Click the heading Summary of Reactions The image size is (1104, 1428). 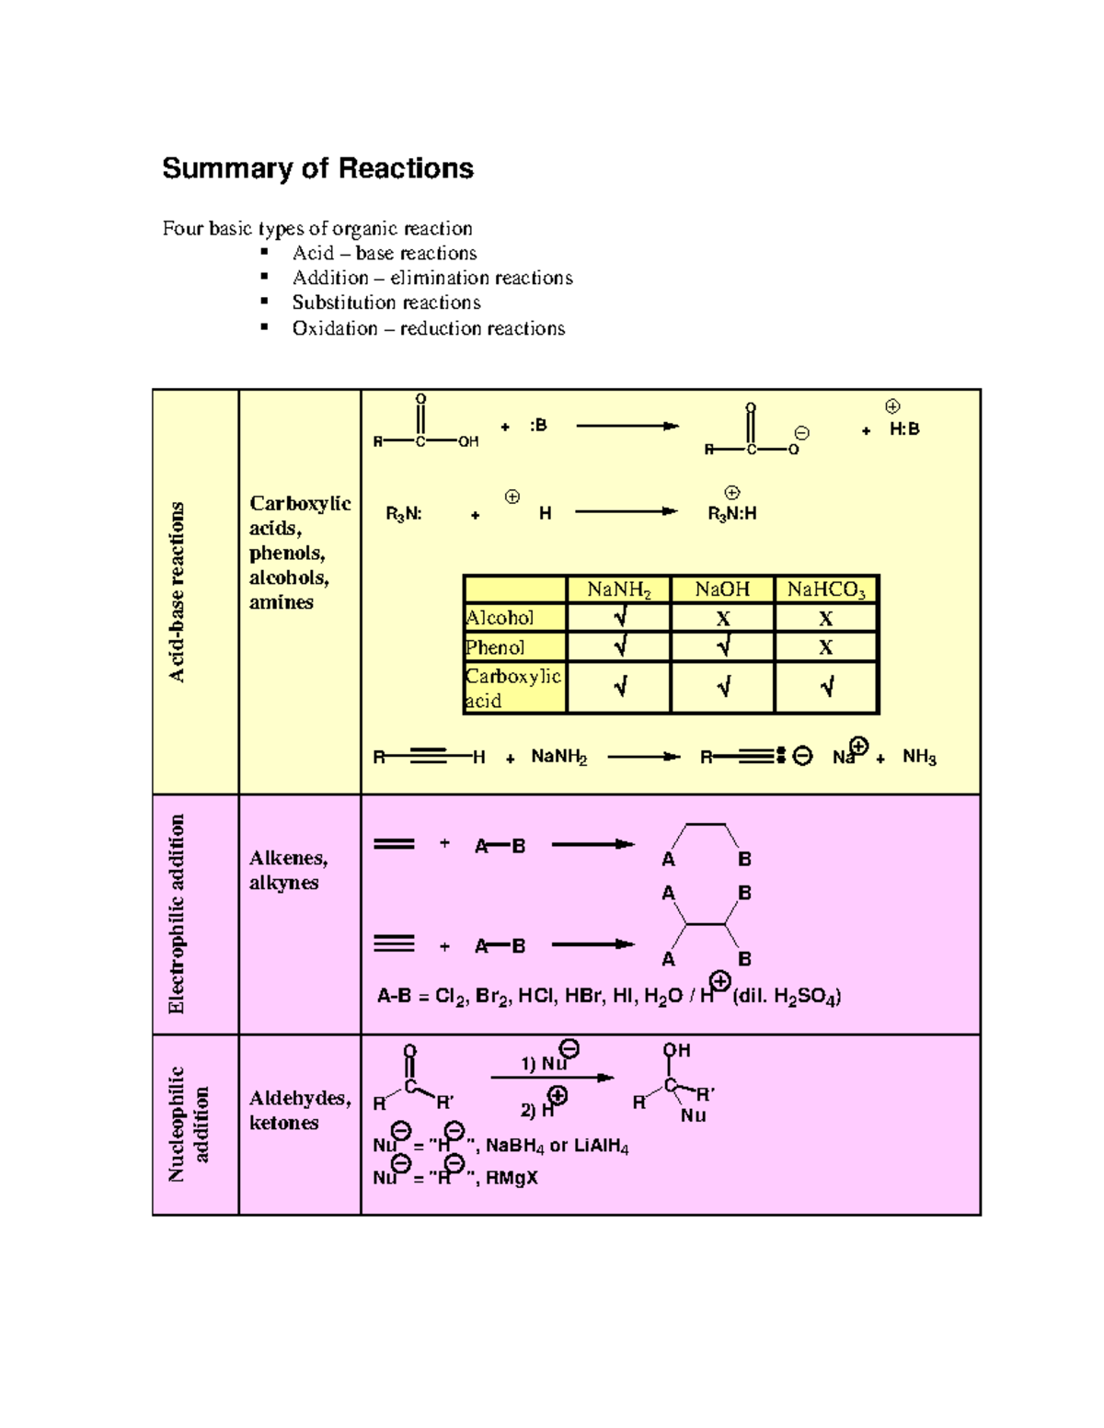[317, 168]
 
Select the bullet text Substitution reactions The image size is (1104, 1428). [386, 303]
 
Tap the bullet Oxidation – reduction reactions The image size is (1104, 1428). [428, 328]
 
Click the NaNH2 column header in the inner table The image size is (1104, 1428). [618, 589]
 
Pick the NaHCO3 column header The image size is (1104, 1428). [825, 589]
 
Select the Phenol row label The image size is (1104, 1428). [495, 647]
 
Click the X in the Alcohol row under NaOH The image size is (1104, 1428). [723, 619]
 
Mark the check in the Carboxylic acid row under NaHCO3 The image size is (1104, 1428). [826, 687]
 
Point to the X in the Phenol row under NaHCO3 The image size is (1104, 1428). [826, 647]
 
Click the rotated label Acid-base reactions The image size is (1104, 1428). [177, 592]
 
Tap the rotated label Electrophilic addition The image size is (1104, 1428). [177, 914]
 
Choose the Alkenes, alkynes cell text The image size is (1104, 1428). [288, 870]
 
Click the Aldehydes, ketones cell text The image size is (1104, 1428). [299, 1110]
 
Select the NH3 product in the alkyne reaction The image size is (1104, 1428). [918, 757]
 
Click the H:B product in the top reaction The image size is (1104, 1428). [903, 428]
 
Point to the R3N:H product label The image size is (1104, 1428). [731, 514]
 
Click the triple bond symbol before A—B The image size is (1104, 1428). [394, 943]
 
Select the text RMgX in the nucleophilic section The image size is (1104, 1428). [512, 1178]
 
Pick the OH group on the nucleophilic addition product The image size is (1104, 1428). [676, 1050]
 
